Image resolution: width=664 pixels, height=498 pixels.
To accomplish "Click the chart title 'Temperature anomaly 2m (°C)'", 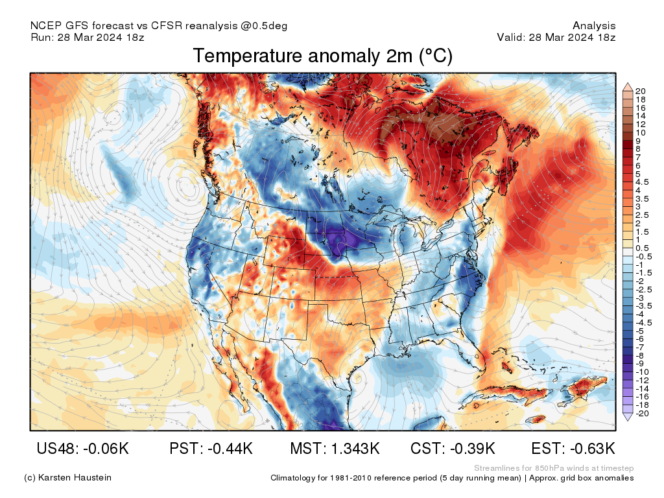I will [x=322, y=56].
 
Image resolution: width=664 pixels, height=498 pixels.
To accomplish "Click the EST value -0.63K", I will [x=590, y=449].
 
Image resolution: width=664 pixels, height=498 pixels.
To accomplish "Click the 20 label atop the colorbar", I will [x=641, y=91].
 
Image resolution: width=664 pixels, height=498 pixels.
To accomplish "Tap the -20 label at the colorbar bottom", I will [x=642, y=413].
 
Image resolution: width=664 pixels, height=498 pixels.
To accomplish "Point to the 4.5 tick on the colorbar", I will [x=642, y=182].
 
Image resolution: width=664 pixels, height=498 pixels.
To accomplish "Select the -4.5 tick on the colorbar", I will [x=643, y=322].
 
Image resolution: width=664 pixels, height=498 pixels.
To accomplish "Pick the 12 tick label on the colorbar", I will [x=641, y=124].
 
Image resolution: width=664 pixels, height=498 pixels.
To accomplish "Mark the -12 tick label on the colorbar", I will [x=642, y=380].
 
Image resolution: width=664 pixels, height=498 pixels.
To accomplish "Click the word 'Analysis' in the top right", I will [x=594, y=26].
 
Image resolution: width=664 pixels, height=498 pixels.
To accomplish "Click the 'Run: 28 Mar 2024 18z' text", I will [x=88, y=37].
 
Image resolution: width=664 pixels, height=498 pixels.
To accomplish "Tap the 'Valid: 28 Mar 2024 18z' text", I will [x=556, y=37].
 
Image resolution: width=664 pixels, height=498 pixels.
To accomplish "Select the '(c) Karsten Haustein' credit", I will [x=67, y=478].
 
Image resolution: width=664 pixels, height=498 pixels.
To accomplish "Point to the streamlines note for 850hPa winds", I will [x=554, y=468].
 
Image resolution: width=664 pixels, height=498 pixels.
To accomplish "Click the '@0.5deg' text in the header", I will [x=264, y=26].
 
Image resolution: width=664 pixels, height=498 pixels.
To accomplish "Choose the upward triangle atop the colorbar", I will [x=628, y=87].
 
